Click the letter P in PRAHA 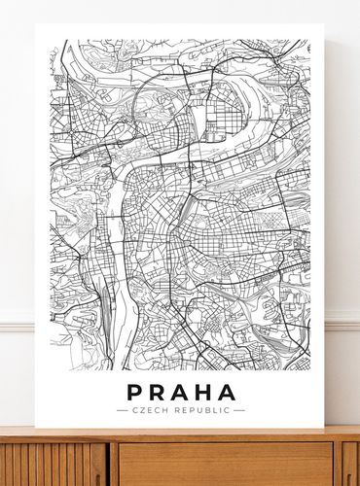click(x=135, y=393)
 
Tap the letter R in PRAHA click(x=158, y=393)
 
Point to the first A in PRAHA click(x=181, y=393)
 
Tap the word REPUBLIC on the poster click(x=199, y=410)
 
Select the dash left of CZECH click(x=121, y=410)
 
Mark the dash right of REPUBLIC click(x=239, y=410)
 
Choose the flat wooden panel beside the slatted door click(x=224, y=464)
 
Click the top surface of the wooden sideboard click(x=180, y=434)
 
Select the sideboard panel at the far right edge click(x=350, y=464)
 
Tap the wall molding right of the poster click(x=343, y=320)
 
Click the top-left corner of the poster click(x=36, y=24)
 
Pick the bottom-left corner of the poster click(x=36, y=428)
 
